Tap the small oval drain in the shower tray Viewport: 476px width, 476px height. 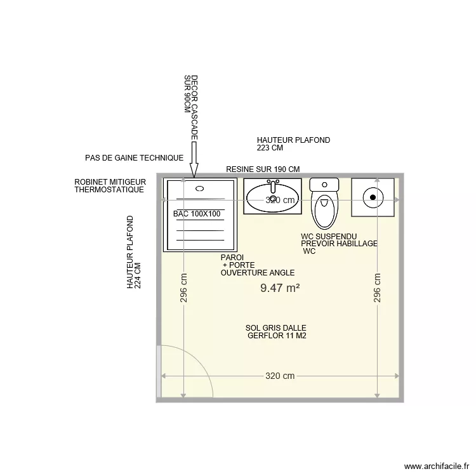(200, 188)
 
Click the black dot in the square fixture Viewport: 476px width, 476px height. (373, 197)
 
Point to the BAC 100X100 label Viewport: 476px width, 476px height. (197, 214)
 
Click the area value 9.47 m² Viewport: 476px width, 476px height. (280, 288)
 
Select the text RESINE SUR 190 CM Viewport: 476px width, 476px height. (263, 169)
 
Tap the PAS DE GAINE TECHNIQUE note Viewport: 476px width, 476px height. (134, 157)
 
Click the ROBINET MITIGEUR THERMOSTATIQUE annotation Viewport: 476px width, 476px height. (110, 186)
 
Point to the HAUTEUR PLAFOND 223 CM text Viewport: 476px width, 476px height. (293, 144)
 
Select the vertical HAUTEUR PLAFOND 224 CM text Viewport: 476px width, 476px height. (133, 253)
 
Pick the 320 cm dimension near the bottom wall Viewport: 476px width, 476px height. (280, 376)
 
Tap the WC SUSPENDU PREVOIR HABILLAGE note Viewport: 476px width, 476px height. (339, 244)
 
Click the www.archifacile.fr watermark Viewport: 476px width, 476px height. (435, 465)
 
